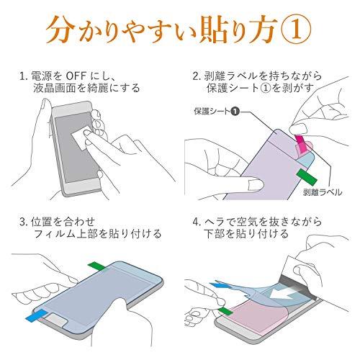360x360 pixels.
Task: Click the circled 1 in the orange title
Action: click(297, 31)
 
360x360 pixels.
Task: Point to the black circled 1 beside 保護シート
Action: click(235, 112)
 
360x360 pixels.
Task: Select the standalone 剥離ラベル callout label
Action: click(323, 192)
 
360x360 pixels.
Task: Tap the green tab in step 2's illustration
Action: click(307, 177)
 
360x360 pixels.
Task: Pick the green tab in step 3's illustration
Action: click(96, 266)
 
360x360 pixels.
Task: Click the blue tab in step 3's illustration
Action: click(36, 315)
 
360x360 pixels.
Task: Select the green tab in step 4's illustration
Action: click(225, 311)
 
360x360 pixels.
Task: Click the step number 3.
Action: click(22, 222)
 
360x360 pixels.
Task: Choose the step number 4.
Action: click(196, 222)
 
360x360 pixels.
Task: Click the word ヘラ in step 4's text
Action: click(215, 222)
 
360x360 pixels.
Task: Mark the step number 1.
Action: click(22, 76)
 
